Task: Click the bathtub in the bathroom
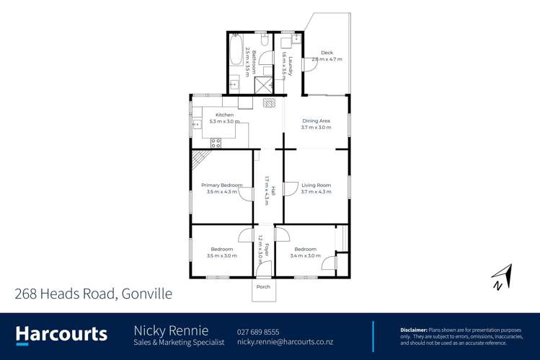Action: point(236,48)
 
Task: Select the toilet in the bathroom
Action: point(264,40)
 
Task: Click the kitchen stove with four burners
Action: point(215,143)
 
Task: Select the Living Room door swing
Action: point(291,188)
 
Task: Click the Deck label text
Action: point(327,53)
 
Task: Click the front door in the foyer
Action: point(264,270)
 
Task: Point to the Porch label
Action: point(263,286)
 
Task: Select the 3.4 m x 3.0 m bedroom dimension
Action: point(306,255)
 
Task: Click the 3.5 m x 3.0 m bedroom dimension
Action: point(221,255)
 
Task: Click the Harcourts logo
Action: point(62,334)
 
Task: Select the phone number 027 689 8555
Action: point(258,331)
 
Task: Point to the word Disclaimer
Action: point(414,329)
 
